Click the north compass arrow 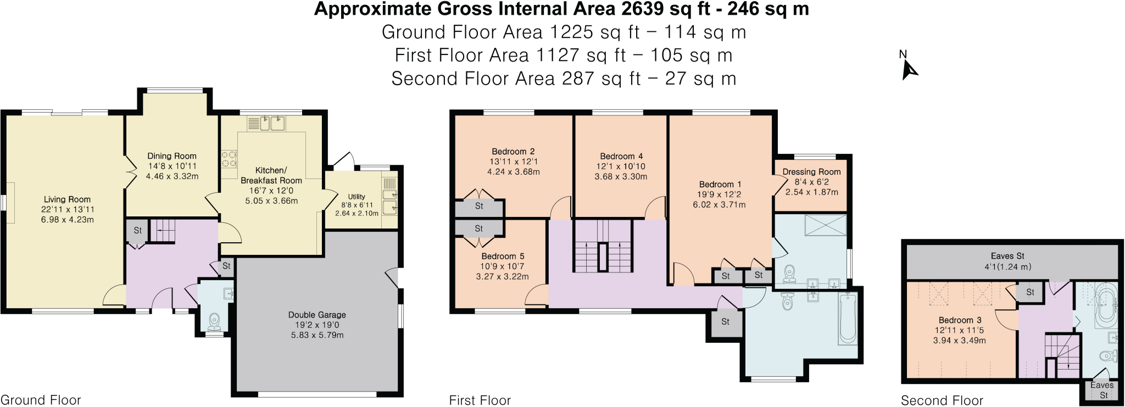[909, 70]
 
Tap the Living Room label [67, 199]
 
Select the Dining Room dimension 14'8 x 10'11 [172, 166]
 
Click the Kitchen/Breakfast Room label [271, 175]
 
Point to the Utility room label [357, 197]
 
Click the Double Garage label [317, 315]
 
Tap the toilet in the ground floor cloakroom [214, 321]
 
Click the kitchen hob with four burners [229, 159]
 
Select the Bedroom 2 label [513, 152]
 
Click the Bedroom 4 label [621, 157]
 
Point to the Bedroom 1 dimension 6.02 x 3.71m [719, 204]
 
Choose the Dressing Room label [811, 172]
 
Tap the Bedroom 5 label [503, 256]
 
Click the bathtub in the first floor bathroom [847, 319]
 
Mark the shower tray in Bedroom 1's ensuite [826, 225]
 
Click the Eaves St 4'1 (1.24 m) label [1007, 261]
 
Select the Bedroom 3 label [960, 320]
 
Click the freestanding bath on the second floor [1105, 305]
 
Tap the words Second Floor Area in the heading [473, 79]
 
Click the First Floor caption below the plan [480, 400]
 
